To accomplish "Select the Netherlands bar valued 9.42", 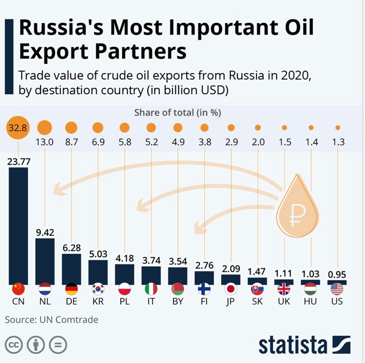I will [45, 260].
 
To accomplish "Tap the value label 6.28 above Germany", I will [71, 248].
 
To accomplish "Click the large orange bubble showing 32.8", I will [18, 128].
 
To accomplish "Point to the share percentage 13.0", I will [45, 142].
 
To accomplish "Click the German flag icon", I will [71, 289].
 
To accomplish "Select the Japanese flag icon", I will [231, 289].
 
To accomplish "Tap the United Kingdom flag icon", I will [284, 289].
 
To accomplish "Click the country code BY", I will [177, 302].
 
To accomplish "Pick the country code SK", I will [257, 302].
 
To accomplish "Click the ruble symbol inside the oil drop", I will [298, 215].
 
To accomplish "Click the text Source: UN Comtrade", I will [52, 320].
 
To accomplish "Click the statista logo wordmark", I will [293, 345].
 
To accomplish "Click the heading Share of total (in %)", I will [177, 113].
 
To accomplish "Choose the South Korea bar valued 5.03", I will [98, 272].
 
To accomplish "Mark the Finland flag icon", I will [204, 289].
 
